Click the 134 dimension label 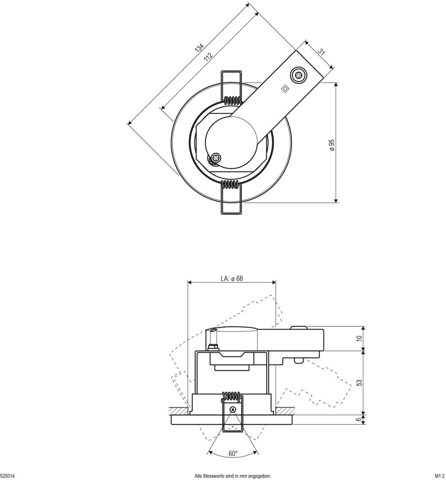tap(199, 47)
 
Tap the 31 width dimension tap(321, 52)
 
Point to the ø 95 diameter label tap(332, 145)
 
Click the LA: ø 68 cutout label tap(232, 278)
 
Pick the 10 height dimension tap(359, 338)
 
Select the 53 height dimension tap(359, 383)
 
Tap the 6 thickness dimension tap(359, 420)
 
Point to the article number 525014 tap(7, 476)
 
